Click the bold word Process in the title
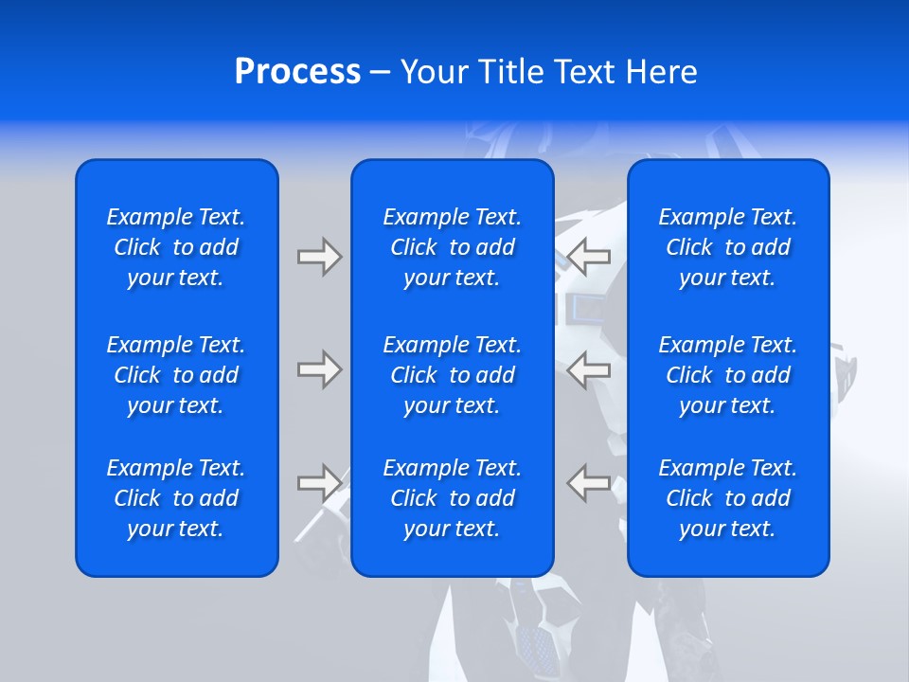(297, 72)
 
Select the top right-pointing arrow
(320, 257)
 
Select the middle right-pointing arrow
(320, 369)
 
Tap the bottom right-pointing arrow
(320, 483)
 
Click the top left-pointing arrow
(588, 257)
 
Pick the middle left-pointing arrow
(588, 369)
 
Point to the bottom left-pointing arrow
(588, 483)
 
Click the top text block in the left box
(176, 247)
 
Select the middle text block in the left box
(176, 375)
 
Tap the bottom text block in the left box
(176, 498)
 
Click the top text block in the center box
(453, 247)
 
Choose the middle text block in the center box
(453, 375)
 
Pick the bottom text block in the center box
(453, 498)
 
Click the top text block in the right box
(728, 247)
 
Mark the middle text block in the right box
(728, 375)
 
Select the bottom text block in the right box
(728, 498)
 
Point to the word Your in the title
(432, 72)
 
